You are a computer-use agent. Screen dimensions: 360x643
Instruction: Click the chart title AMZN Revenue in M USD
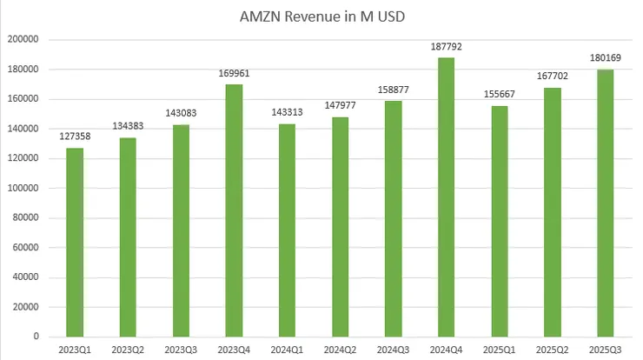[x=321, y=17]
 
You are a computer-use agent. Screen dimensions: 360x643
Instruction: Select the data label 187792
[x=445, y=49]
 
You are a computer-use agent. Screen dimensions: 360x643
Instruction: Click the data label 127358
[x=75, y=139]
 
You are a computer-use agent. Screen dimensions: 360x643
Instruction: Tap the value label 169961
[x=234, y=75]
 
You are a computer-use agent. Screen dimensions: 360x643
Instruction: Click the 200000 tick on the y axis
[x=23, y=39]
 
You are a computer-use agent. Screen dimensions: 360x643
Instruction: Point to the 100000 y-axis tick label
[x=23, y=188]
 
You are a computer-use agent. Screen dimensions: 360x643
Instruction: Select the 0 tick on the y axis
[x=35, y=337]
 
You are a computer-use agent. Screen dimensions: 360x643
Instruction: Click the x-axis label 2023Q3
[x=181, y=350]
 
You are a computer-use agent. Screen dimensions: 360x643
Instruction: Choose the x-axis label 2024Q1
[x=287, y=350]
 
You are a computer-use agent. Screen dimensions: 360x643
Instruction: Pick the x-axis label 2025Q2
[x=552, y=350]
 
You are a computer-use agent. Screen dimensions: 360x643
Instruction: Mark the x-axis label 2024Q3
[x=393, y=350]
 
